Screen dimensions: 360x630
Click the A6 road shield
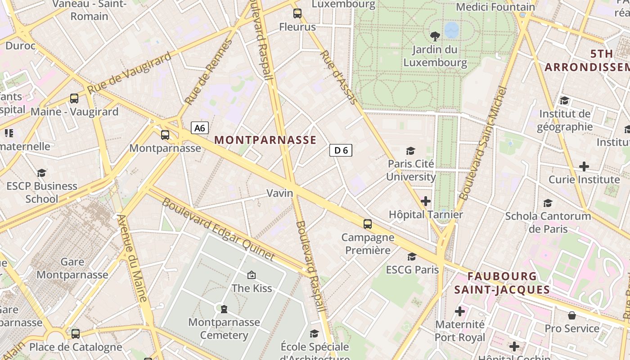pyautogui.click(x=200, y=128)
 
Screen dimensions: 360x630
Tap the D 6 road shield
pyautogui.click(x=341, y=150)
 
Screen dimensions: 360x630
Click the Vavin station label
pyautogui.click(x=279, y=193)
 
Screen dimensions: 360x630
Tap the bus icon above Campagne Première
pyautogui.click(x=368, y=224)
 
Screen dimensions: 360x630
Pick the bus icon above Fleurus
pyautogui.click(x=297, y=13)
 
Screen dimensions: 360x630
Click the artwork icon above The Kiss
pyautogui.click(x=252, y=274)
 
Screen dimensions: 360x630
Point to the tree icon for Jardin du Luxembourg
pyautogui.click(x=435, y=36)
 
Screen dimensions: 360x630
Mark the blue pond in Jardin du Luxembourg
pyautogui.click(x=451, y=30)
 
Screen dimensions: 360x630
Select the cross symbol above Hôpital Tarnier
pyautogui.click(x=426, y=201)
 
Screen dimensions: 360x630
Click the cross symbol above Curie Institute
pyautogui.click(x=584, y=166)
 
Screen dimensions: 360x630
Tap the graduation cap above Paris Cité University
pyautogui.click(x=410, y=151)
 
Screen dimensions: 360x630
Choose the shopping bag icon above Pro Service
pyautogui.click(x=572, y=315)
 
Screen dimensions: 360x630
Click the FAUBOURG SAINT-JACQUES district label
pyautogui.click(x=502, y=283)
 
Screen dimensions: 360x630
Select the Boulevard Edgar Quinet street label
pyautogui.click(x=218, y=229)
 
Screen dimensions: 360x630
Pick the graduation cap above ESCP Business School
pyautogui.click(x=42, y=173)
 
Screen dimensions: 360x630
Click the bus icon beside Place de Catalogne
pyautogui.click(x=76, y=333)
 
